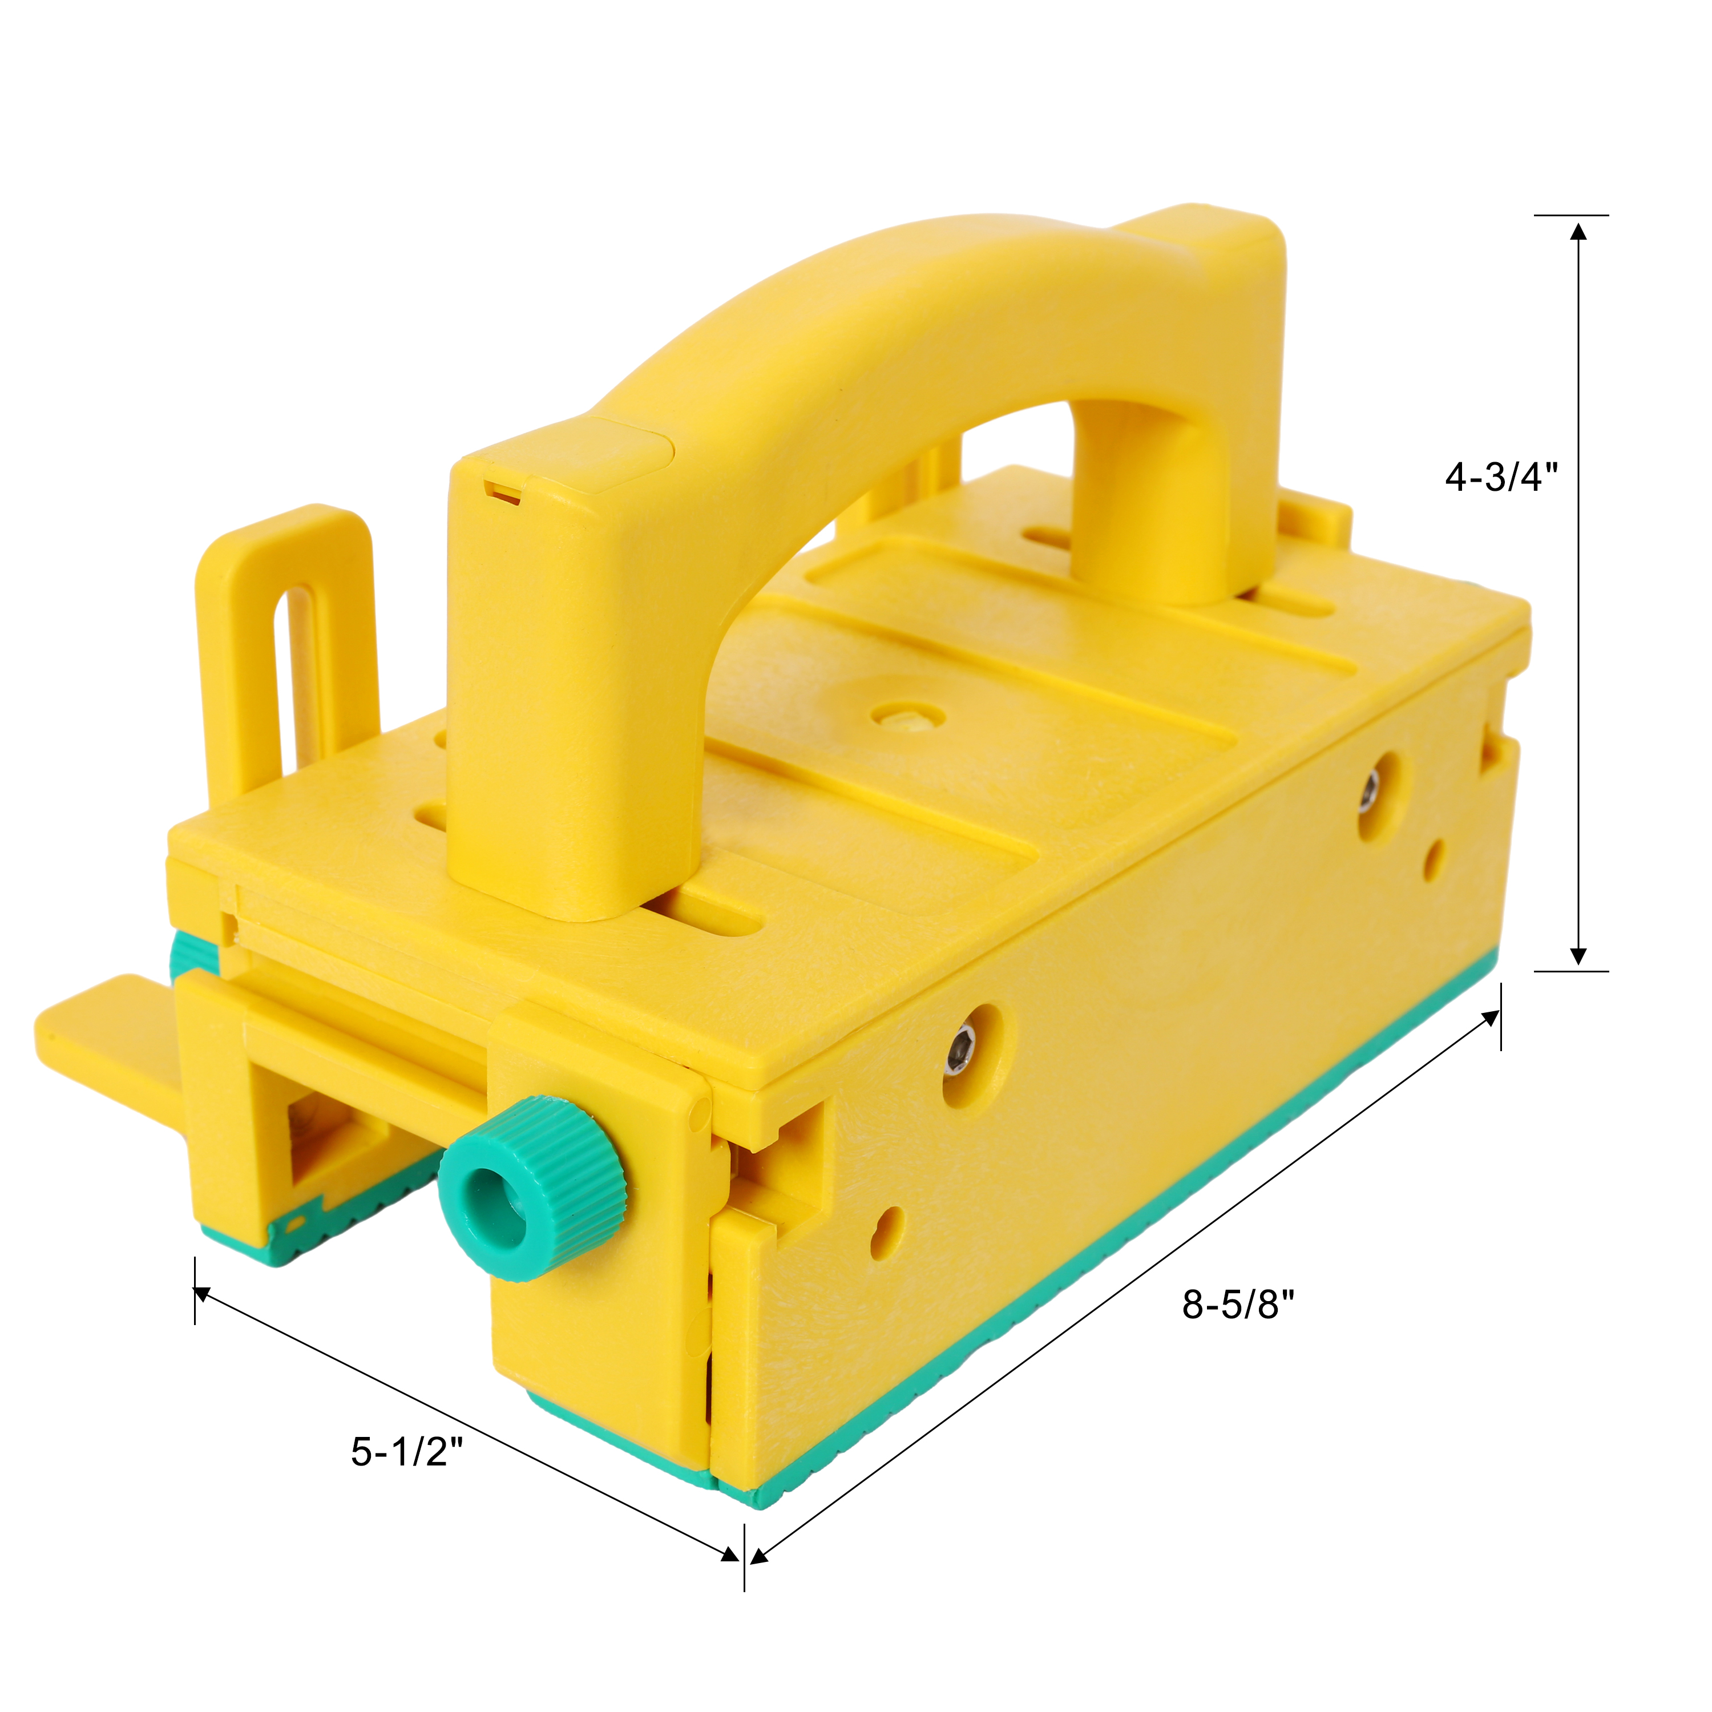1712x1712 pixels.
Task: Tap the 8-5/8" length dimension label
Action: click(x=1238, y=1305)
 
